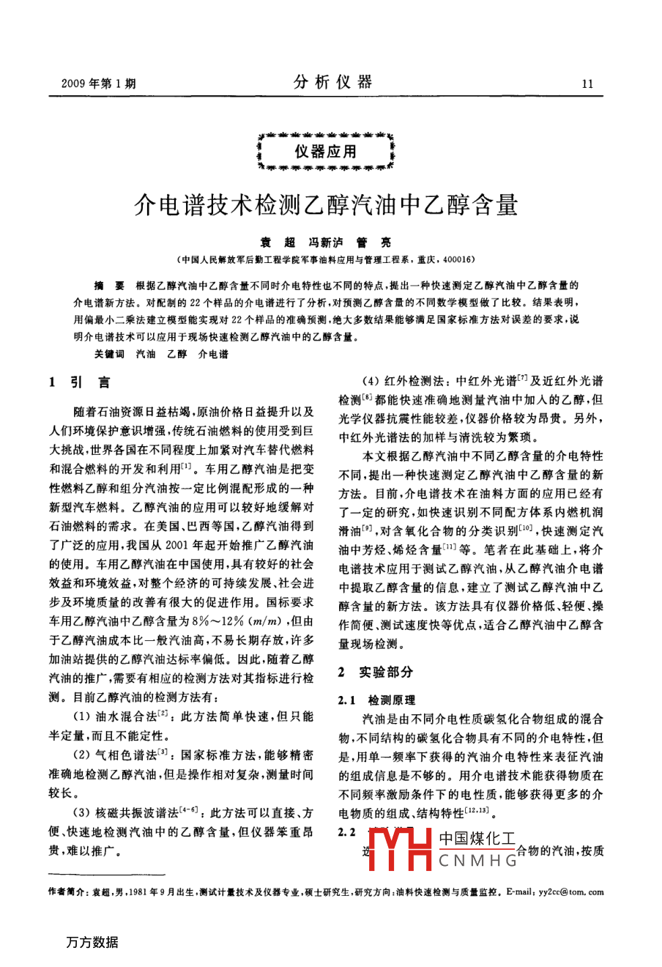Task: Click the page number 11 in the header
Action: click(587, 84)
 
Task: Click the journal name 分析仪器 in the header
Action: click(333, 82)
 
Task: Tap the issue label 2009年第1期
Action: click(93, 84)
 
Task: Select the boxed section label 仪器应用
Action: click(326, 152)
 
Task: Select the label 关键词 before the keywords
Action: click(109, 354)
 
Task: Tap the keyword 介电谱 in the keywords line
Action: click(213, 354)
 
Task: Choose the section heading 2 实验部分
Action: click(375, 672)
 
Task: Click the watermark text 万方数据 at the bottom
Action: click(92, 942)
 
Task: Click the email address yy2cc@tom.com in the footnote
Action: click(570, 892)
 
